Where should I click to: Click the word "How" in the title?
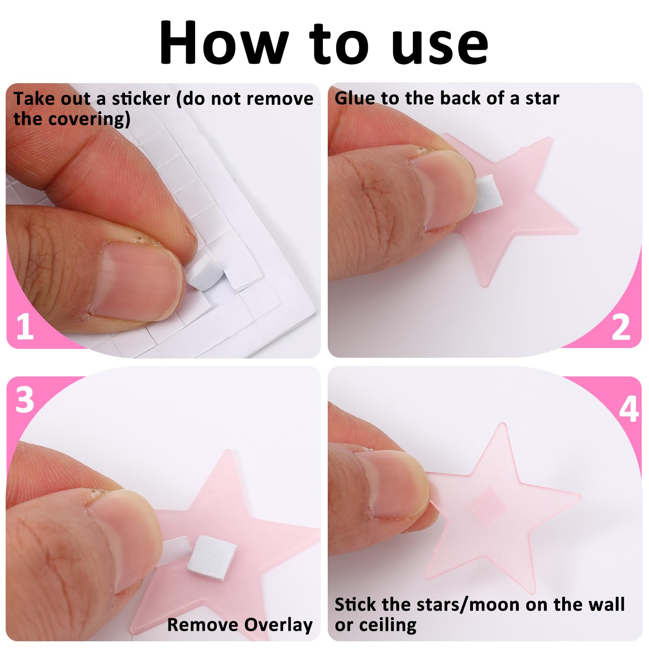pyautogui.click(x=223, y=42)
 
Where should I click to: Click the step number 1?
pyautogui.click(x=25, y=326)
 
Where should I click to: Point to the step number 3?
pyautogui.click(x=25, y=400)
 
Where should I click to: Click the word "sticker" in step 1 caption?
pyautogui.click(x=141, y=99)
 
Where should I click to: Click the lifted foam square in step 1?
pyautogui.click(x=205, y=273)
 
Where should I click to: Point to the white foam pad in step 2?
pyautogui.click(x=488, y=194)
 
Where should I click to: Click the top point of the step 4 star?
pyautogui.click(x=502, y=424)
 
